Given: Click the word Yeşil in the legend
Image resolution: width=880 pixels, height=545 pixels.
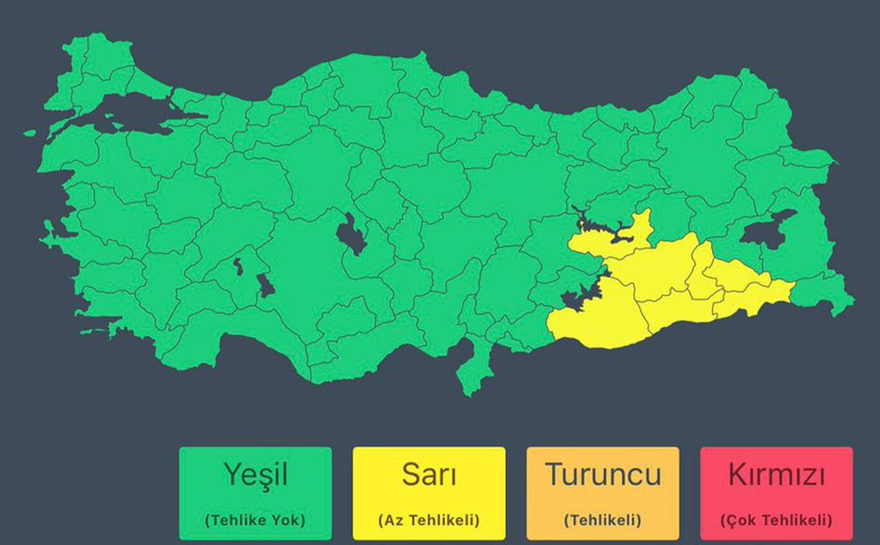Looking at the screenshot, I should (x=255, y=474).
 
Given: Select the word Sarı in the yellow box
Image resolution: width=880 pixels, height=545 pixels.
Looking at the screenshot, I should (x=429, y=474).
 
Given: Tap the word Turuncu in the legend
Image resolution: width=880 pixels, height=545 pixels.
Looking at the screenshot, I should (x=603, y=474).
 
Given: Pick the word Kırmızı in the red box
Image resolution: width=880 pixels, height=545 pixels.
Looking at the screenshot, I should (x=776, y=474).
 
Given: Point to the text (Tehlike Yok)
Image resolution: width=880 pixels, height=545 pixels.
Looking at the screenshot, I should (x=255, y=520).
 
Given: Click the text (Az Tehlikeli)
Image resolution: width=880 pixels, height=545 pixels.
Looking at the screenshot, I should (x=429, y=520).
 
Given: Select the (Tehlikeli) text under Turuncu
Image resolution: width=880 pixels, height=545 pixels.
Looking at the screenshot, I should (x=603, y=520).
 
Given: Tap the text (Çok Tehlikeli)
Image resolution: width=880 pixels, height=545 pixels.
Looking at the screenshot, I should (x=776, y=520).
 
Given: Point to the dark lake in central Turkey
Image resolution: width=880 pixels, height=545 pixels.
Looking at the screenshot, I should (x=351, y=235).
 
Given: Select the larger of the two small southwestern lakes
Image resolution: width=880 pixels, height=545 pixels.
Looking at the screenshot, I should (x=264, y=285).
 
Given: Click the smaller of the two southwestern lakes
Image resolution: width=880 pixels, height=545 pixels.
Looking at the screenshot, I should (x=238, y=267).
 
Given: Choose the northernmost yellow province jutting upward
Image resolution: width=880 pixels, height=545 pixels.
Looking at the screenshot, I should (x=641, y=225).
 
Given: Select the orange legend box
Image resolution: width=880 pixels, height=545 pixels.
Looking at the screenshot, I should (x=603, y=492).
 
